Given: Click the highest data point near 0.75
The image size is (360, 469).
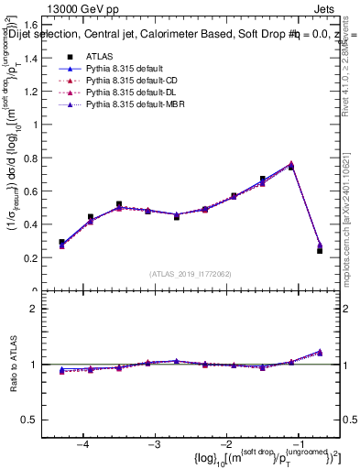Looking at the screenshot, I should pos(290,165).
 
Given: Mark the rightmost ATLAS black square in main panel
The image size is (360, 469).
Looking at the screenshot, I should pos(319,250).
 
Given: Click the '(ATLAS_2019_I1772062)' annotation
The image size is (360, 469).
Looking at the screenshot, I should pos(191,274).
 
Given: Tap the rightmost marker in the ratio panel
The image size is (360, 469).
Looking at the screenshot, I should pos(319,351).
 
